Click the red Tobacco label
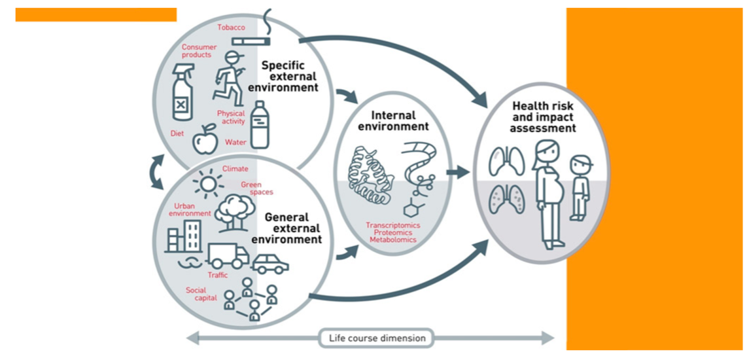point(232,27)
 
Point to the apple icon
point(204,139)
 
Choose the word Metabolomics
point(393,240)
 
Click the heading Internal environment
point(393,121)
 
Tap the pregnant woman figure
point(548,196)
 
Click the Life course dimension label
point(376,338)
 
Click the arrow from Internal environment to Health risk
point(460,173)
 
